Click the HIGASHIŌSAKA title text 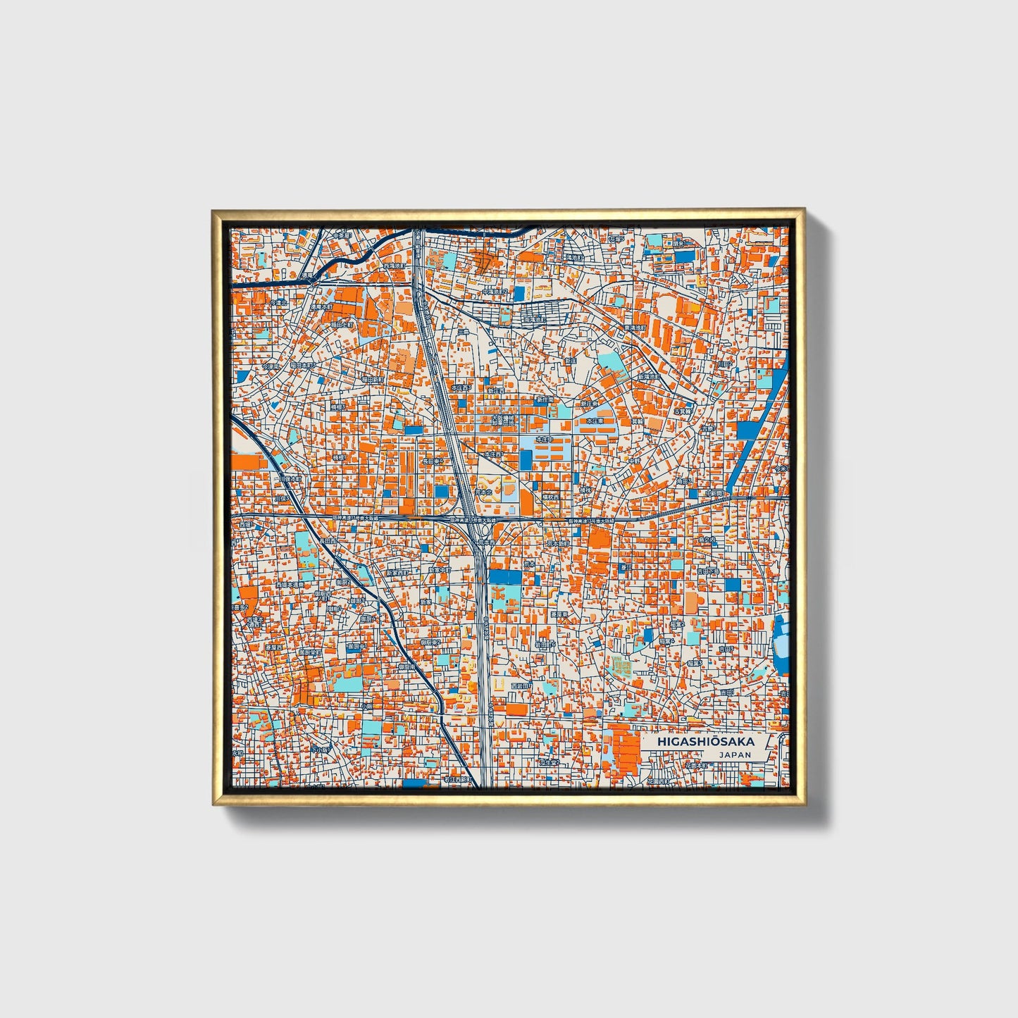(x=706, y=741)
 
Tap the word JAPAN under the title (x=735, y=755)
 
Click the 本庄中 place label (x=545, y=439)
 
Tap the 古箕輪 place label (x=683, y=410)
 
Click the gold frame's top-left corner (x=214, y=212)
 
